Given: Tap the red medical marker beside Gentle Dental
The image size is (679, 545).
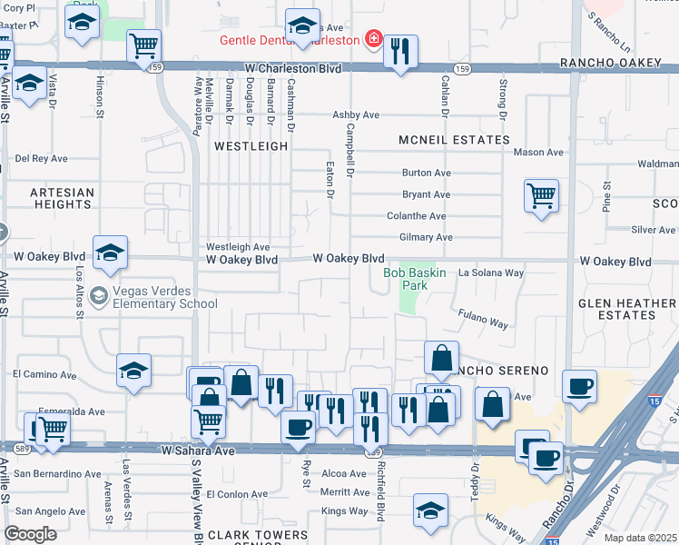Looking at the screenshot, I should coord(372,38).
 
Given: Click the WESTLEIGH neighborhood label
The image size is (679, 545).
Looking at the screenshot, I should coord(251,145).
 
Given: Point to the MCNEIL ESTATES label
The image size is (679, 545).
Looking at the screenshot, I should coord(454,140).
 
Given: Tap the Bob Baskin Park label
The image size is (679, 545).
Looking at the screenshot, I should coord(417,279).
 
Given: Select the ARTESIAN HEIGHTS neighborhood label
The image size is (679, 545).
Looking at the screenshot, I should coord(62,199).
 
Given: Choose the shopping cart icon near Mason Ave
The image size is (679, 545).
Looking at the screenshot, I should coord(541,195).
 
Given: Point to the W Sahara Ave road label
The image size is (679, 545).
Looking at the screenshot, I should coord(199,451).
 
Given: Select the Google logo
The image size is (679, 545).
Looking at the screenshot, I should coord(30,534).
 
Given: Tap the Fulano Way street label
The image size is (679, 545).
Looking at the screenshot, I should coord(482,322).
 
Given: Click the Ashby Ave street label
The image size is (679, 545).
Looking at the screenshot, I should coord(356,115).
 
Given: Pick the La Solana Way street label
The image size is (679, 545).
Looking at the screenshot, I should coord(491,272).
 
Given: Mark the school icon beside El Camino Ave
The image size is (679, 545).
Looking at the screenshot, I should coord(133,370).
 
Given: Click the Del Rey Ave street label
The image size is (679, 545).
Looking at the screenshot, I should coord(42,158).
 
